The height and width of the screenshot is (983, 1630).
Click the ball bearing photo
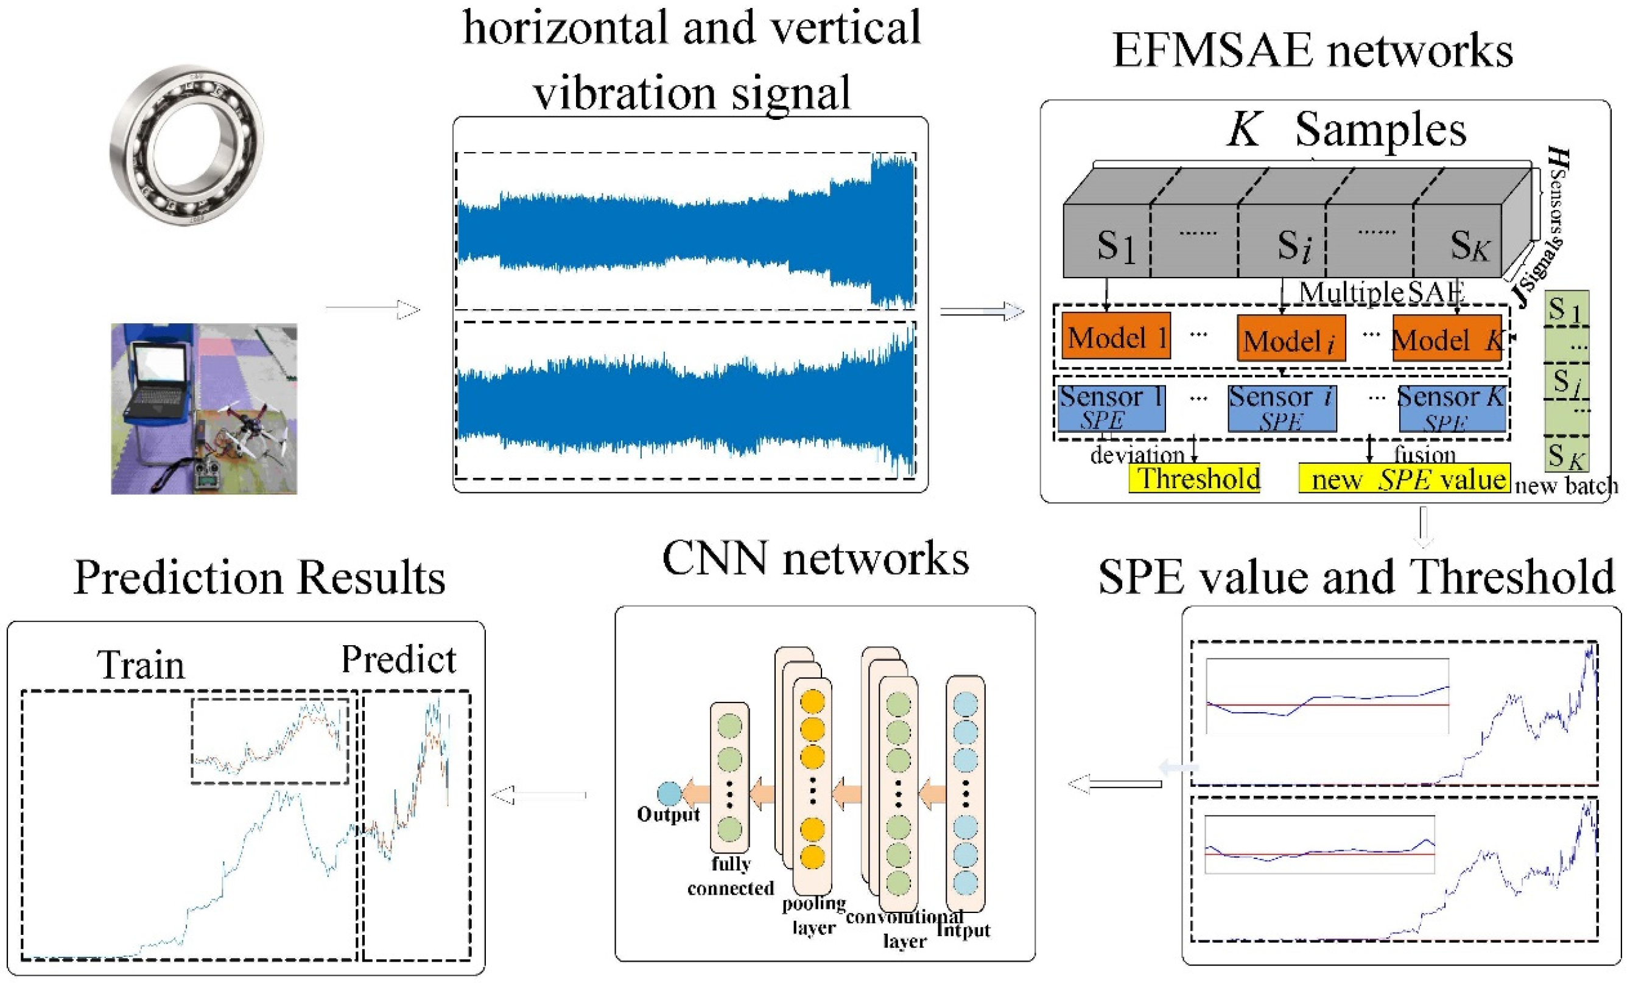[186, 144]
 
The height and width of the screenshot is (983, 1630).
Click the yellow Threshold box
[1194, 478]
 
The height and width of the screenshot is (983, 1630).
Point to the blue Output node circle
[669, 793]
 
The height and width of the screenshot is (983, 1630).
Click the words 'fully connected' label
[730, 876]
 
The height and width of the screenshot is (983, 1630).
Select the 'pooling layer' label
[813, 915]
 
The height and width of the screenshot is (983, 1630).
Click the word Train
[141, 665]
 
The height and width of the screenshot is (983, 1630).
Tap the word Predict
[398, 660]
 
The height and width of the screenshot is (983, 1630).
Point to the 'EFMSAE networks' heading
[1313, 51]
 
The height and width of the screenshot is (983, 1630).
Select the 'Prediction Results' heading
[259, 578]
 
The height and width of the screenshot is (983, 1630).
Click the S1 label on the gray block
[1116, 246]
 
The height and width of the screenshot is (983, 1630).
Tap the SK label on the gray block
[1470, 246]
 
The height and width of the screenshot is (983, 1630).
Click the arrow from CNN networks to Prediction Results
[539, 795]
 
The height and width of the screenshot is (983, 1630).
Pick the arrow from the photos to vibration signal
[373, 309]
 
